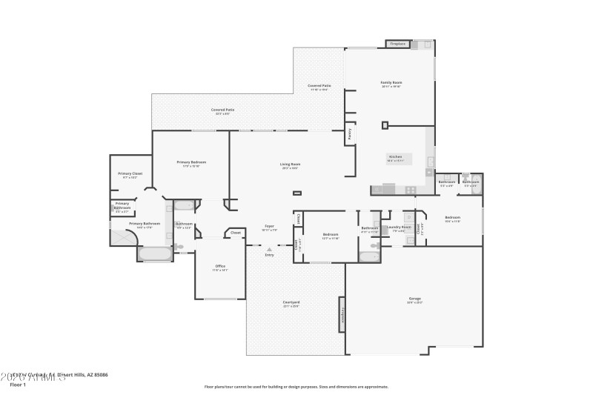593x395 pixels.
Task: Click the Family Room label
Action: (391, 82)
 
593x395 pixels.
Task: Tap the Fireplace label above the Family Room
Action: (398, 44)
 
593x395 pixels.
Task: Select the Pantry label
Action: (349, 136)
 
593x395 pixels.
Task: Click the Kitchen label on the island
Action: (395, 156)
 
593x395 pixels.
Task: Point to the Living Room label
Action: (289, 164)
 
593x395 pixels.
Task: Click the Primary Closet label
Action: (130, 173)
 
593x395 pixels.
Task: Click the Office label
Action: (220, 266)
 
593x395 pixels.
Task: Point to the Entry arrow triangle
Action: (269, 249)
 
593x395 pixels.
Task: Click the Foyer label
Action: (270, 226)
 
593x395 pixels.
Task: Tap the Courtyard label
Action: (291, 302)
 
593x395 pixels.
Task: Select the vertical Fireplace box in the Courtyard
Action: (342, 314)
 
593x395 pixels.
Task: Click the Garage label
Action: (414, 299)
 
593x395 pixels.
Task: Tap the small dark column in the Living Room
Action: (297, 193)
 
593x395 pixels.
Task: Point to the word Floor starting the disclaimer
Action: (210, 386)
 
